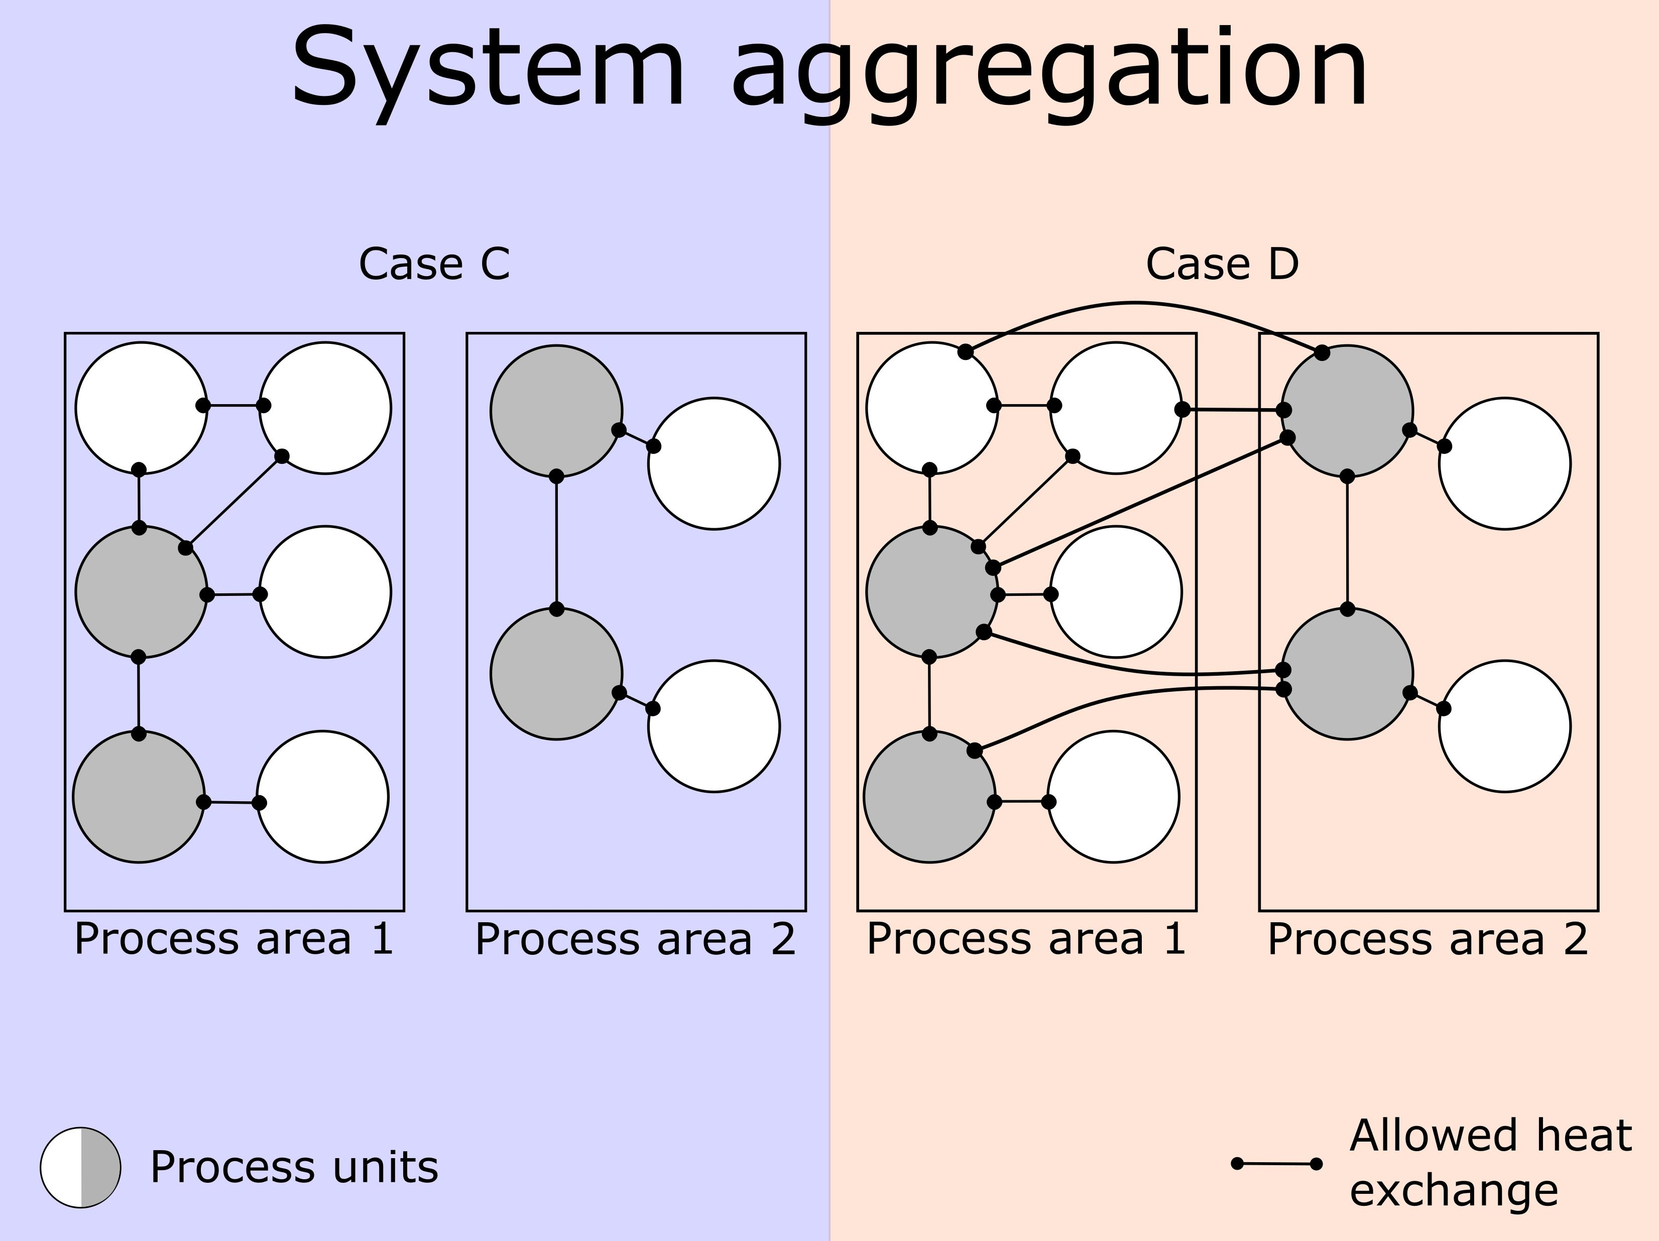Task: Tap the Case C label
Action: pos(434,264)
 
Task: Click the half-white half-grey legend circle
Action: pos(80,1168)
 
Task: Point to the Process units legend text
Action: pos(294,1168)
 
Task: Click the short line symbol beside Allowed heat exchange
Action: pos(1276,1164)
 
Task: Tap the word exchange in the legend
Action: pos(1454,1191)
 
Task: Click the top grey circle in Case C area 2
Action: pos(556,411)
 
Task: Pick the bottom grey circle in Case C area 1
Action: pos(139,796)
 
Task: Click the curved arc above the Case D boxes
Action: pos(1136,304)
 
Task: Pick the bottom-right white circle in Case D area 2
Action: pos(1504,726)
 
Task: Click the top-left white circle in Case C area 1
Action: pos(141,408)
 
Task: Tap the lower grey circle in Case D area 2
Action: pos(1348,674)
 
